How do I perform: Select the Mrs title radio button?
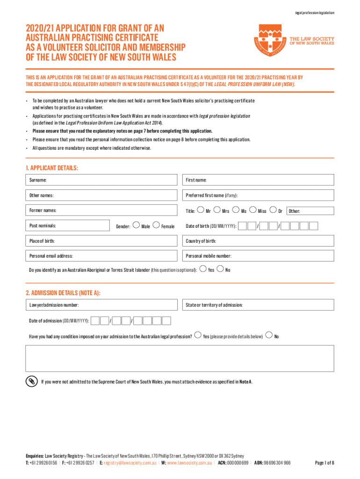(x=217, y=210)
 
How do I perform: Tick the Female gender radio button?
(x=156, y=225)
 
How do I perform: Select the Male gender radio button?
(x=136, y=225)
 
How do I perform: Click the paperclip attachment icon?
(x=31, y=381)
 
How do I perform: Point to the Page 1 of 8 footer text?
(x=324, y=463)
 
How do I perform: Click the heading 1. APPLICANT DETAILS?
(x=52, y=167)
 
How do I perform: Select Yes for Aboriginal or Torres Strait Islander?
(x=202, y=269)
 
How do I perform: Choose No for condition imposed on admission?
(x=269, y=334)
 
